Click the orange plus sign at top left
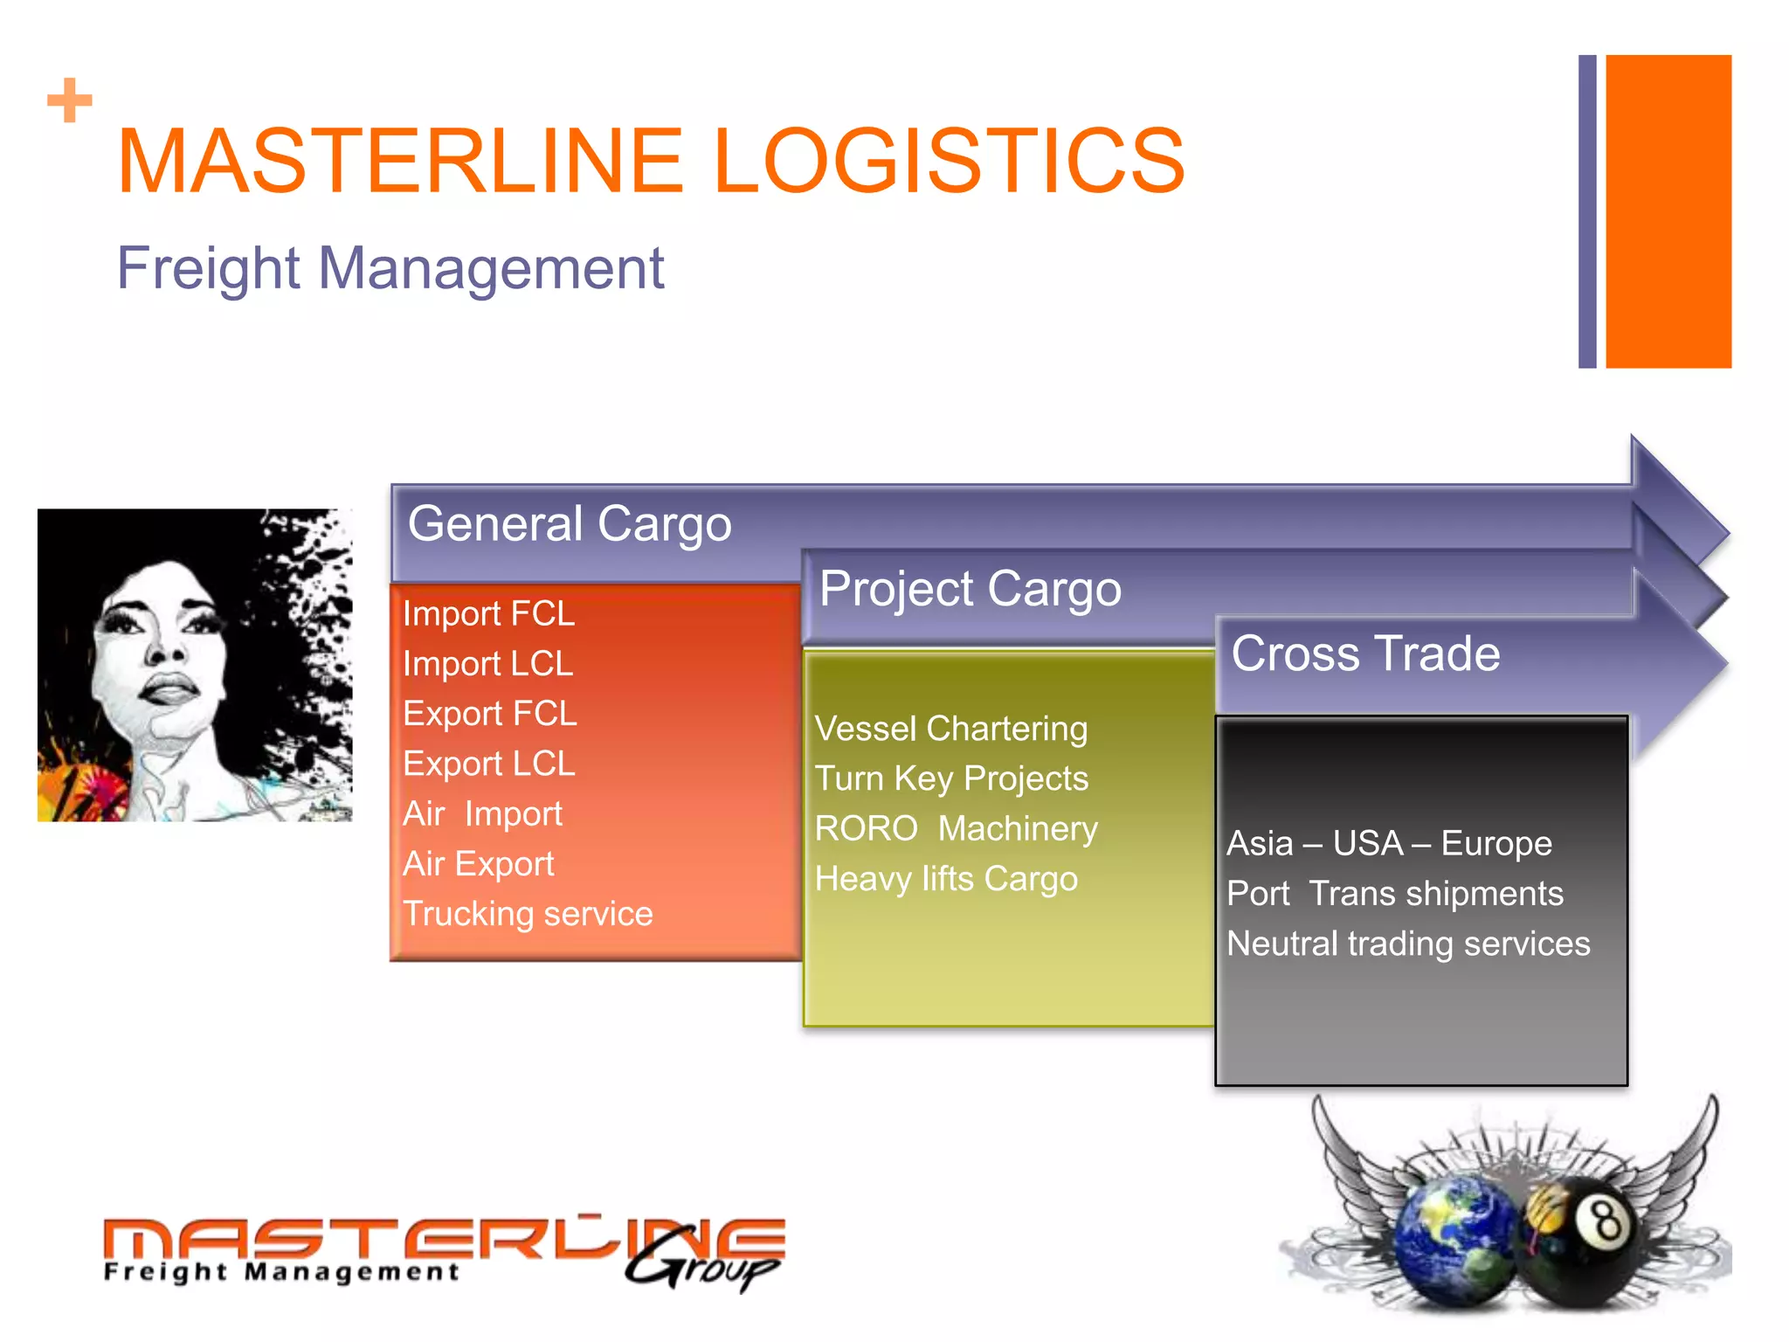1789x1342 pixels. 70,100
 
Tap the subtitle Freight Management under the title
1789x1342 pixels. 390,267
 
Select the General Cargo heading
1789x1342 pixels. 570,524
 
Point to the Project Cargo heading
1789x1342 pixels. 970,589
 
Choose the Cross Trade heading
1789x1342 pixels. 1365,654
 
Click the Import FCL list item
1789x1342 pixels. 488,613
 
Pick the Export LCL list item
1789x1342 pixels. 489,764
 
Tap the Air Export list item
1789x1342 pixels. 479,863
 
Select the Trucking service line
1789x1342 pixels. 528,914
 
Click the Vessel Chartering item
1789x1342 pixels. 951,729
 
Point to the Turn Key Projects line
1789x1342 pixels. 951,778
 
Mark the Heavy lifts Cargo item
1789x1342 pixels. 946,879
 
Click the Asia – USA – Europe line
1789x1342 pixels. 1389,844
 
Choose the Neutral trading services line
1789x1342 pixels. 1408,944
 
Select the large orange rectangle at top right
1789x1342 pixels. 1668,211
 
